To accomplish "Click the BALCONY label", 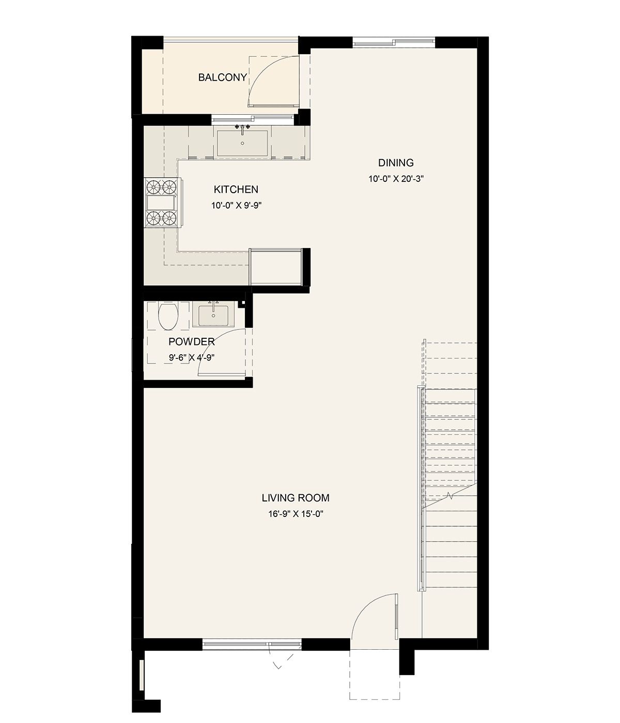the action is (x=223, y=77).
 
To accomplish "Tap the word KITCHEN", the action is (x=236, y=190).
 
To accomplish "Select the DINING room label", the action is (x=396, y=163).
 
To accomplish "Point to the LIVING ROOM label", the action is (x=296, y=498).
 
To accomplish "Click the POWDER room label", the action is (x=191, y=341).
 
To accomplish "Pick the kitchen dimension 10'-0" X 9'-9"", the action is (x=236, y=206).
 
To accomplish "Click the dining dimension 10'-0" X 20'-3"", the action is (x=396, y=179).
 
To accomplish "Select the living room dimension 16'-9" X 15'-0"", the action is (x=296, y=514).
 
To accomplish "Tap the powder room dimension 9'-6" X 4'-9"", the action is (x=191, y=357).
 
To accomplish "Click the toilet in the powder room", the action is (x=168, y=316).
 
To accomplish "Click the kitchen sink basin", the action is (x=242, y=143).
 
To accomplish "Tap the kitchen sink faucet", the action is (x=242, y=128).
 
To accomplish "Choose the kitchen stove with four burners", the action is (x=162, y=203).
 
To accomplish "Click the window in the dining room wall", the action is (x=393, y=43).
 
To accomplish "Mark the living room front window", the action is (x=252, y=643).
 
